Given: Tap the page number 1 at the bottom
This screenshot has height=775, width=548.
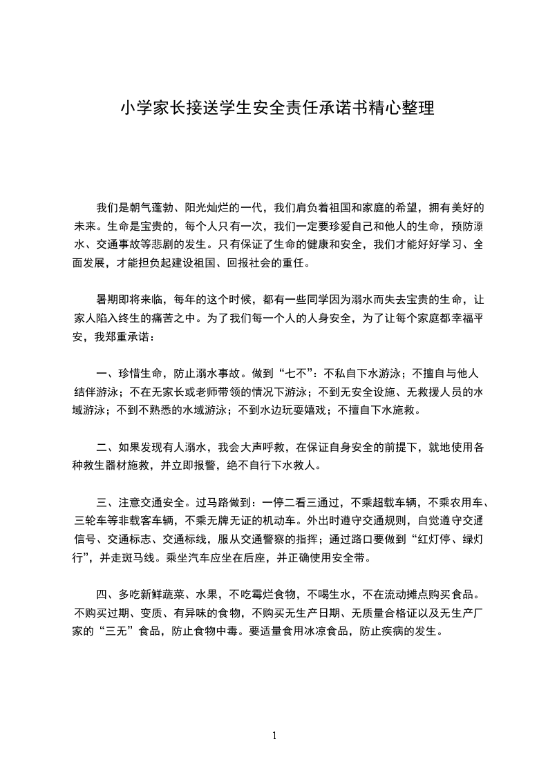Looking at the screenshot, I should pos(274,736).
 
